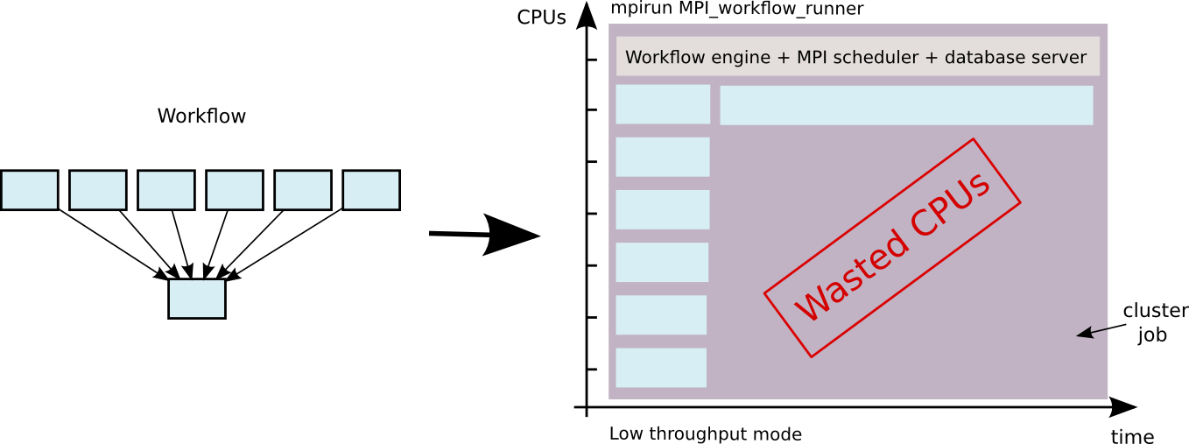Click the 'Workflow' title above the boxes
point(201,116)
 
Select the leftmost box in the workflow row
point(29,190)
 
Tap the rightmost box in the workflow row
point(370,190)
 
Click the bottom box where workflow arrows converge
point(197,299)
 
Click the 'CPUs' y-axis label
point(541,17)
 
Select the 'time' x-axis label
point(1132,436)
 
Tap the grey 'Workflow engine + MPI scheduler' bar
point(857,57)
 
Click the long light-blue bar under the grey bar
point(906,105)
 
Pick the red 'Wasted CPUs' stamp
point(893,247)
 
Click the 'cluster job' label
point(1154,322)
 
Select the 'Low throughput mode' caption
point(705,433)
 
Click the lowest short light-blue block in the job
point(661,368)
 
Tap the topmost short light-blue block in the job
point(663,104)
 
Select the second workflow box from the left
point(97,190)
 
